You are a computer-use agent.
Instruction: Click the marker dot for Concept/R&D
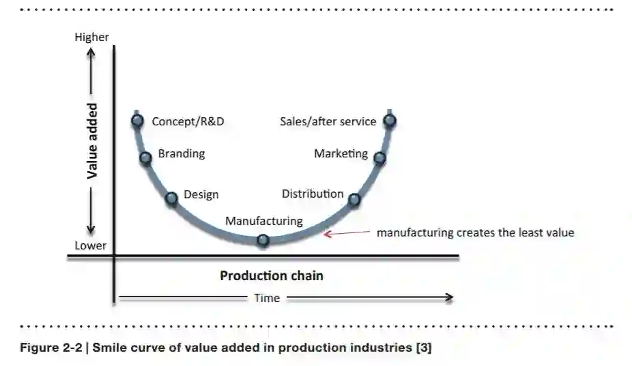pyautogui.click(x=138, y=121)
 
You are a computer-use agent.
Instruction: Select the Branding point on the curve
pyautogui.click(x=145, y=158)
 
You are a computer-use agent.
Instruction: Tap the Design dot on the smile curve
pyautogui.click(x=172, y=198)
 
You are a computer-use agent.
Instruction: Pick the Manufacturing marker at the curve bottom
pyautogui.click(x=263, y=241)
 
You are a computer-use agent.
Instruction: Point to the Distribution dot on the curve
pyautogui.click(x=354, y=200)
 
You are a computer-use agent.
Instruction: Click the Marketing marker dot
pyautogui.click(x=379, y=158)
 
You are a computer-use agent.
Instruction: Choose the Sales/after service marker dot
pyautogui.click(x=390, y=121)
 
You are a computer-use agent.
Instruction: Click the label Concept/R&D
pyautogui.click(x=188, y=121)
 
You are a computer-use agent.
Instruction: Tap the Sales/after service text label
pyautogui.click(x=328, y=121)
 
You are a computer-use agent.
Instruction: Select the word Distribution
pyautogui.click(x=313, y=194)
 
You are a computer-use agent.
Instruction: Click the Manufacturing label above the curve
pyautogui.click(x=263, y=221)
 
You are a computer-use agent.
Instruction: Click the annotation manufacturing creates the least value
pyautogui.click(x=475, y=232)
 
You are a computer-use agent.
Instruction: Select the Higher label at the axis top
pyautogui.click(x=91, y=37)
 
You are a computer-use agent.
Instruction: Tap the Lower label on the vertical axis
pyautogui.click(x=90, y=245)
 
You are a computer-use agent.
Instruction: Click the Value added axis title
pyautogui.click(x=92, y=141)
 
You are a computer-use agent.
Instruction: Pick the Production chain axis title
pyautogui.click(x=271, y=276)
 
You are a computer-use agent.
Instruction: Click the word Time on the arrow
pyautogui.click(x=267, y=298)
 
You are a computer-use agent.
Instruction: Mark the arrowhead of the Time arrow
pyautogui.click(x=448, y=297)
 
